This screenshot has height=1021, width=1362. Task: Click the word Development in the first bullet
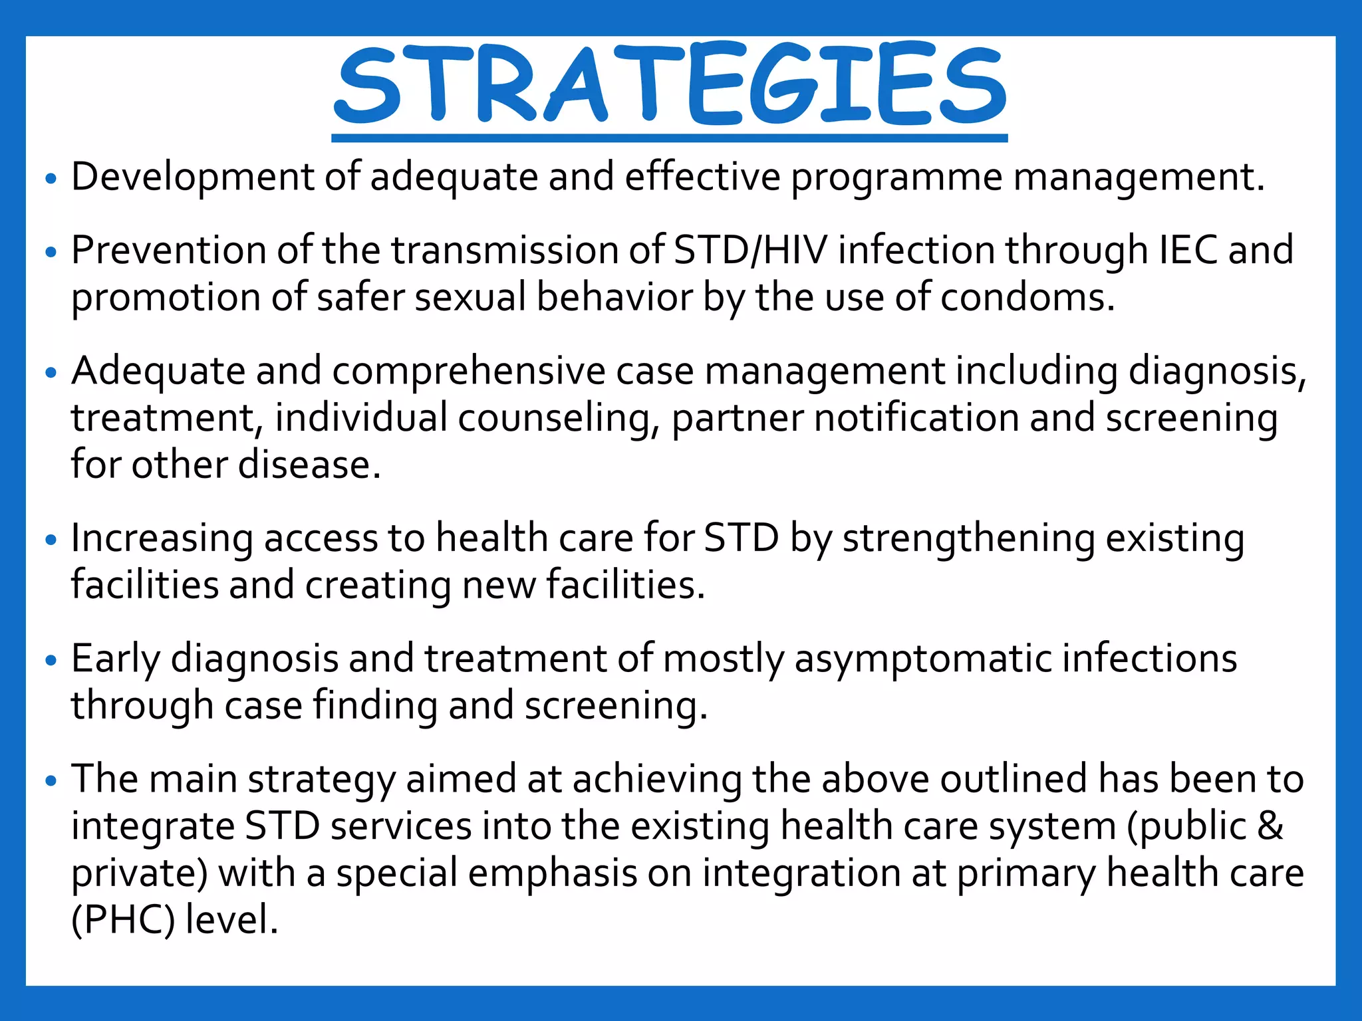click(x=192, y=177)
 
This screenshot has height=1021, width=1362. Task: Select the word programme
click(x=896, y=177)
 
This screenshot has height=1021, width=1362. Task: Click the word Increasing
click(x=162, y=538)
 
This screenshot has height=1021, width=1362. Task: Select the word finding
click(x=375, y=706)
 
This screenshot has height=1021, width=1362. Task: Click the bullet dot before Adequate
click(x=51, y=373)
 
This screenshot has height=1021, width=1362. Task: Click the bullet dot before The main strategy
click(x=51, y=781)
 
